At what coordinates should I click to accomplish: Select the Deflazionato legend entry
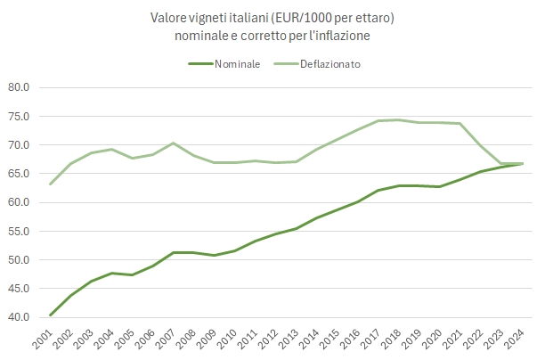point(329,64)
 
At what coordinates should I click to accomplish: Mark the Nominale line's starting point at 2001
point(51,315)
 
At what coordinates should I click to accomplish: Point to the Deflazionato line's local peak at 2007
point(174,143)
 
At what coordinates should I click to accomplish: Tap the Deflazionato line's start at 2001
point(51,184)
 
